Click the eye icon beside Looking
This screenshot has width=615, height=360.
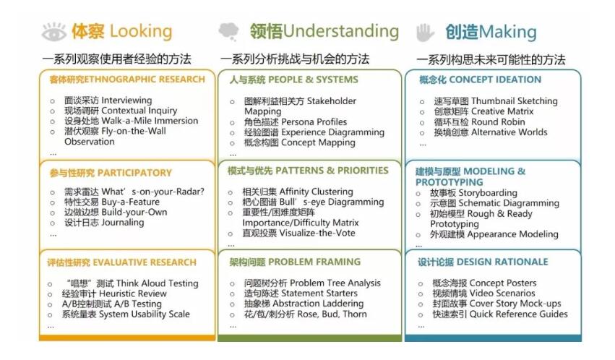53,32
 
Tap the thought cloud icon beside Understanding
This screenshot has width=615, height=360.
228,31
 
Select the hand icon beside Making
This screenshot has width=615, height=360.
425,32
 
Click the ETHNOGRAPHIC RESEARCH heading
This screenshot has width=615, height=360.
127,80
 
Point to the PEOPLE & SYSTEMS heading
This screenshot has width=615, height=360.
294,80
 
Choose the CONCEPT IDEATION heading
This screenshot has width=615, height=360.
480,80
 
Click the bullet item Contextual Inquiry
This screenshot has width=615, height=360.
121,111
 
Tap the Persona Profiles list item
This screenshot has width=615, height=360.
296,122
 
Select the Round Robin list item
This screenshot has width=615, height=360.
479,122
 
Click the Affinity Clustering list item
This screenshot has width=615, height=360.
298,192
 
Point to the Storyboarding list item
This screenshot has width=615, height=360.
473,193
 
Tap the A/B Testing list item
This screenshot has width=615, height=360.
112,304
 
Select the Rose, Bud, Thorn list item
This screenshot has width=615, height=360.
306,314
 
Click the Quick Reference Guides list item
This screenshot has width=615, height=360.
500,314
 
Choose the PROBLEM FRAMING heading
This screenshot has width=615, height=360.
295,262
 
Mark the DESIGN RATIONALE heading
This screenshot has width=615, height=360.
483,262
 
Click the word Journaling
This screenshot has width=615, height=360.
123,223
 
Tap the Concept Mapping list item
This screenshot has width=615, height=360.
300,142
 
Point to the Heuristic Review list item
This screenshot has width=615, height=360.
114,293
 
